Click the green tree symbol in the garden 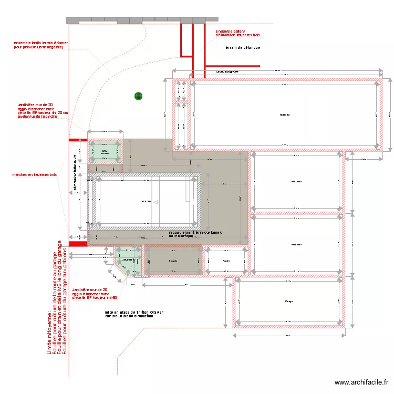pyautogui.click(x=138, y=96)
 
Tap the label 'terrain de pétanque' pyautogui.click(x=243, y=48)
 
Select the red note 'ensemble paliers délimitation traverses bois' pyautogui.click(x=237, y=34)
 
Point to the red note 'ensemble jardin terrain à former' pyautogui.click(x=40, y=45)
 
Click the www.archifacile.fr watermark pyautogui.click(x=361, y=383)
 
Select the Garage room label pyautogui.click(x=289, y=301)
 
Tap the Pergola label pyautogui.click(x=173, y=261)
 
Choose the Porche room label pyautogui.click(x=226, y=261)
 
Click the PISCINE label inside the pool pyautogui.click(x=146, y=201)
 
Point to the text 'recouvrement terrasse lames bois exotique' pyautogui.click(x=195, y=234)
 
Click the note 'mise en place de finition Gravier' pyautogui.click(x=134, y=314)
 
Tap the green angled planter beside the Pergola pyautogui.click(x=128, y=261)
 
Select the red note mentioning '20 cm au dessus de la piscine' pyautogui.click(x=43, y=111)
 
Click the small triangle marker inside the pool pyautogui.click(x=155, y=201)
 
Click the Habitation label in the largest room pyautogui.click(x=285, y=115)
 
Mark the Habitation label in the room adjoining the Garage pyautogui.click(x=296, y=245)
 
